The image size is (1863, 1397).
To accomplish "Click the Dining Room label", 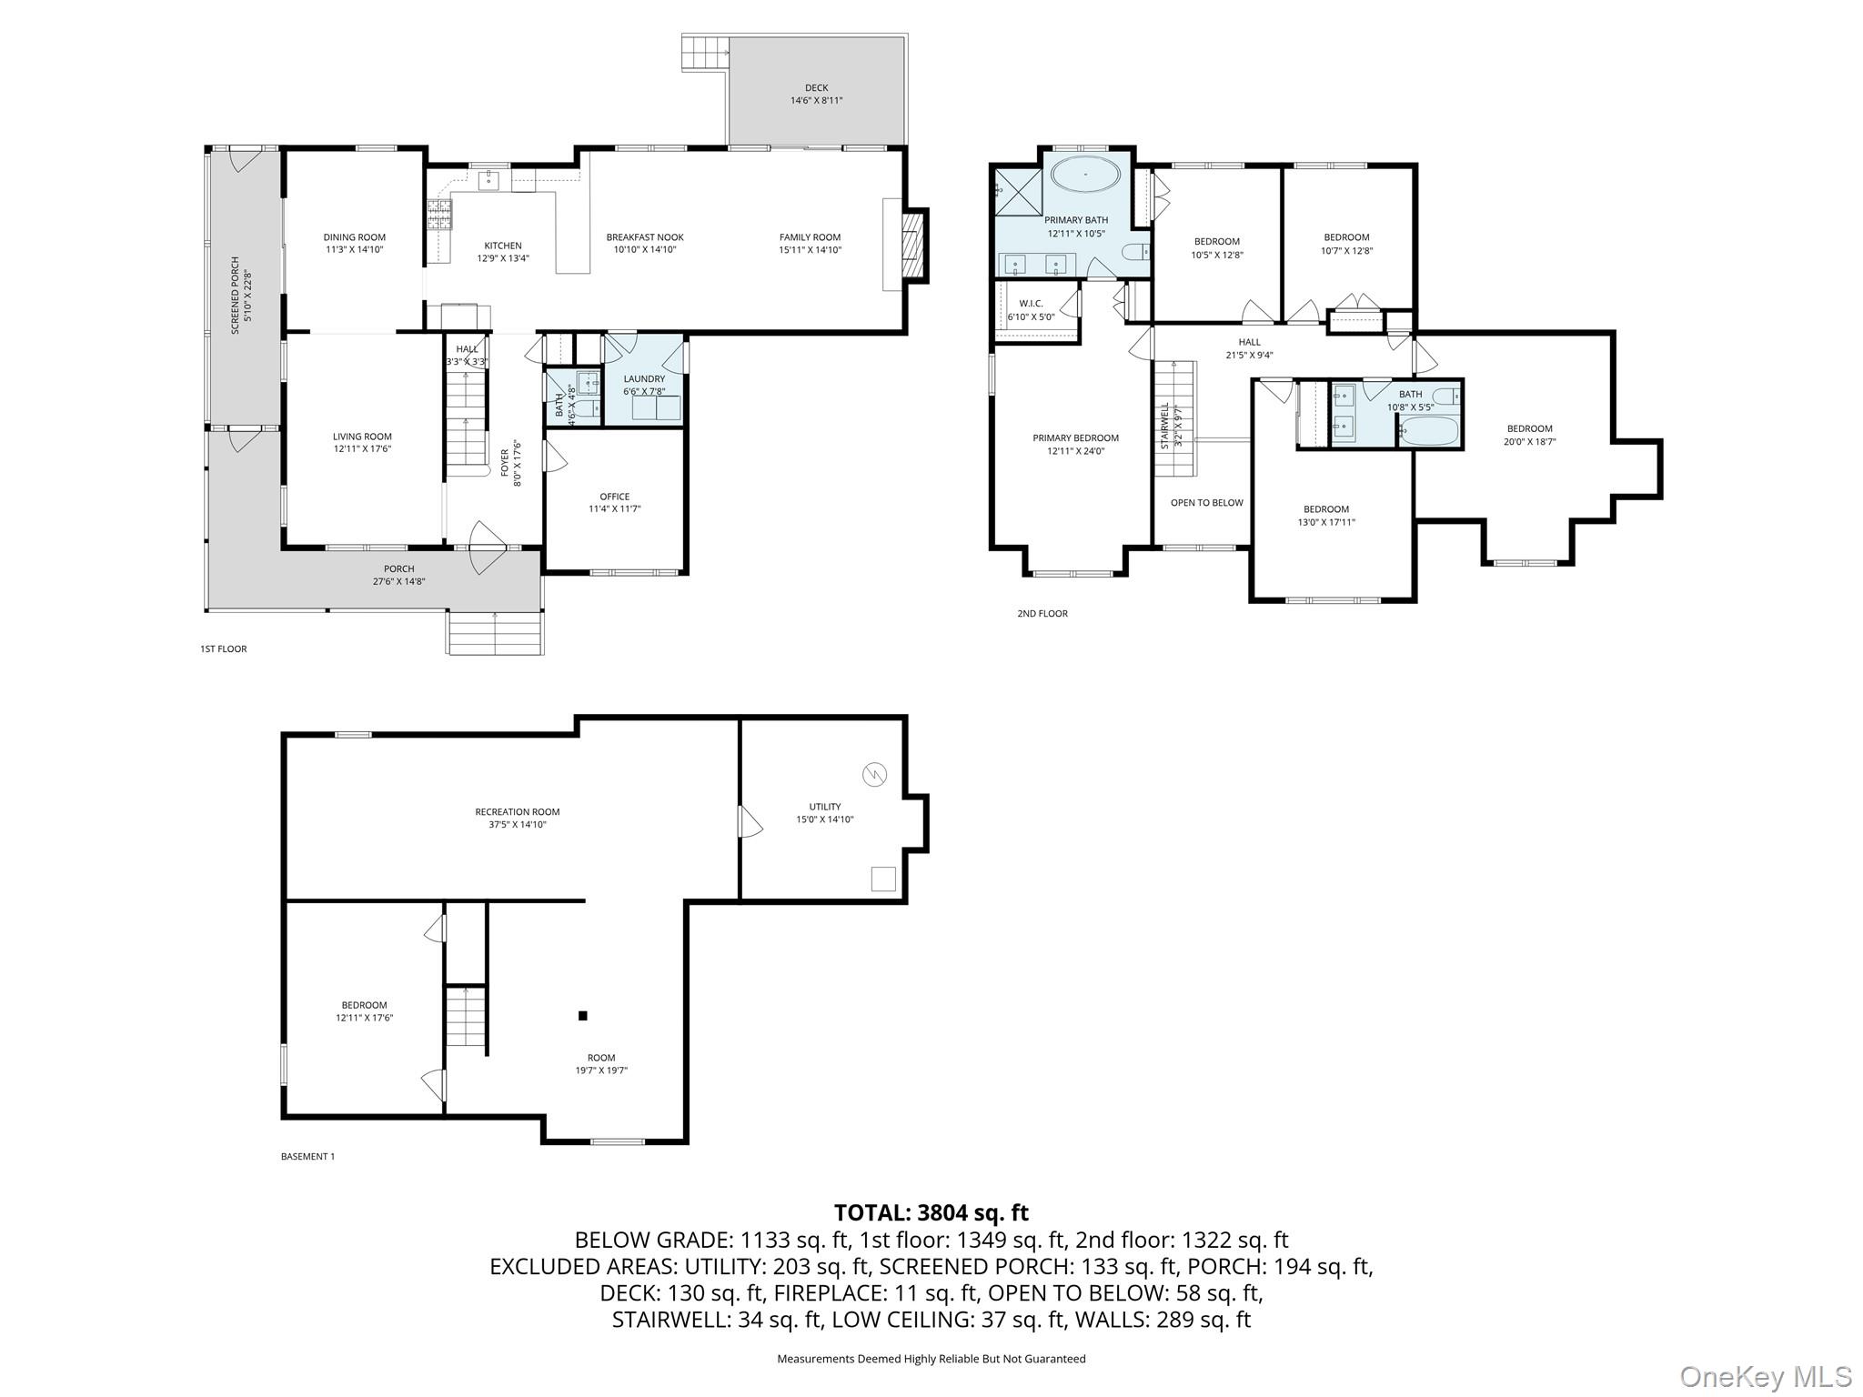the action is [x=355, y=237].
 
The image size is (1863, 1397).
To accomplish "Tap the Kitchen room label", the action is [x=503, y=246].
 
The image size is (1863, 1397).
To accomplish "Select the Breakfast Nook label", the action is [x=645, y=237].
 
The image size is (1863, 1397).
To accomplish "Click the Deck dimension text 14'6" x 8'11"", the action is [x=816, y=101].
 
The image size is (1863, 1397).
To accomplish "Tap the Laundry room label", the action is [x=644, y=379].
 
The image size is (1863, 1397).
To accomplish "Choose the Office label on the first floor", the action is [x=615, y=497].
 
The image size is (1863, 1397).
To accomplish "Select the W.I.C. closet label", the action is [x=1031, y=304].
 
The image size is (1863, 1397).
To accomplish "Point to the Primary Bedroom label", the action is [x=1075, y=438].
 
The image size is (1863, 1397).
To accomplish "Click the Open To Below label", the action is [x=1206, y=503].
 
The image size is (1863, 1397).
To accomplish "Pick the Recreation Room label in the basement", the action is [x=517, y=812].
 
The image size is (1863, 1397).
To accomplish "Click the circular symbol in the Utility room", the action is [x=874, y=774].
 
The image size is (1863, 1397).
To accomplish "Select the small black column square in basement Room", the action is [x=583, y=1016].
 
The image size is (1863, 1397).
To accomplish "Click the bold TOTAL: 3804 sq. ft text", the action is [x=931, y=1212].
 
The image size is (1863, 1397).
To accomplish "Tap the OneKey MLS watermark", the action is [x=1766, y=1376].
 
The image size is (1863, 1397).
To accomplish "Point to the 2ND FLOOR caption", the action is [x=1042, y=614].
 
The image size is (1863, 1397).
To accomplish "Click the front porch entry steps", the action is [x=495, y=631].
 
